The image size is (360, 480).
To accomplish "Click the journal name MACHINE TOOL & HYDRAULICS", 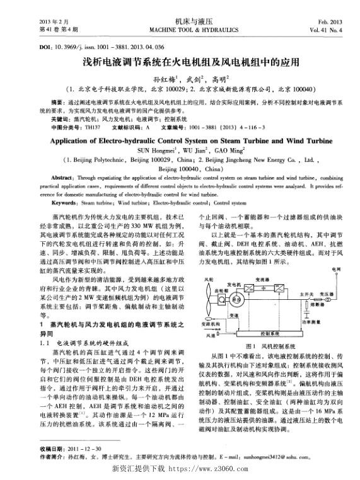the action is pos(180,30).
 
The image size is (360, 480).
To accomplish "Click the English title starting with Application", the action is pos(179,141).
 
